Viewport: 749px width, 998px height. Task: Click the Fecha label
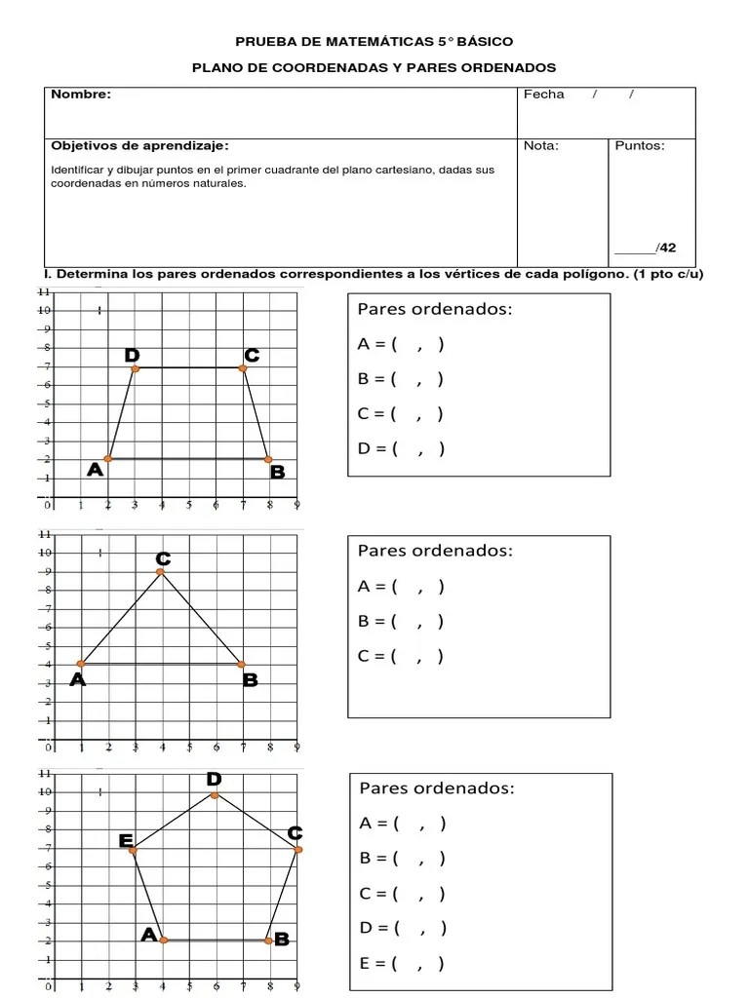coord(543,95)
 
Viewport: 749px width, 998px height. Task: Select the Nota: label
coord(540,146)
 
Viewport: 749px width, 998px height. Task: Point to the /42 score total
coord(666,248)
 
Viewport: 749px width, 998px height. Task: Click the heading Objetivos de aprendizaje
coord(139,146)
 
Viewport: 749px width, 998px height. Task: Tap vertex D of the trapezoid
coord(135,368)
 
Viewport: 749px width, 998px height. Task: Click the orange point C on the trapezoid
coord(243,368)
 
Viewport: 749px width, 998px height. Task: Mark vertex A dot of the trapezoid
coord(108,459)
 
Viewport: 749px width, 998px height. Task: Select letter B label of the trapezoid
coord(277,473)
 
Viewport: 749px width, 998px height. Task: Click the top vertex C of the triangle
coord(161,572)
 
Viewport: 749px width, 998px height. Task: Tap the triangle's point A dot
coord(81,665)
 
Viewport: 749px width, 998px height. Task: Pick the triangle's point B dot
coord(241,665)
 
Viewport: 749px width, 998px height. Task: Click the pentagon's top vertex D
coord(215,794)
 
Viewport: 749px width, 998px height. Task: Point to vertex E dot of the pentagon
coord(134,851)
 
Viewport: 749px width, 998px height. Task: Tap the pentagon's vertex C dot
coord(297,850)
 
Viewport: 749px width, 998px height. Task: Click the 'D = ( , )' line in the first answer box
coord(401,449)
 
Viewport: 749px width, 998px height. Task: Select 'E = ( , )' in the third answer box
coord(402,964)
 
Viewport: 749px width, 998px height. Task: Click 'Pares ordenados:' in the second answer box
coord(435,551)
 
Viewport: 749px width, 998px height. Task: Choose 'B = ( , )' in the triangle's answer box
coord(401,621)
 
